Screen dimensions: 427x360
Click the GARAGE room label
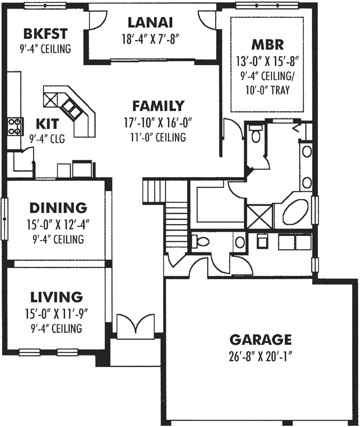pyautogui.click(x=260, y=339)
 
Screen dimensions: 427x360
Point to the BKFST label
pyautogui.click(x=45, y=34)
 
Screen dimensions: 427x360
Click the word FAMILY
pyautogui.click(x=158, y=105)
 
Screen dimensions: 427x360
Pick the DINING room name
pyautogui.click(x=58, y=207)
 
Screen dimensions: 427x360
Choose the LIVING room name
pyautogui.click(x=56, y=296)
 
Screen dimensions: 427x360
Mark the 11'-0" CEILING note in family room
pyautogui.click(x=158, y=137)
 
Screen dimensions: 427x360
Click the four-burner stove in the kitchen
pyautogui.click(x=15, y=126)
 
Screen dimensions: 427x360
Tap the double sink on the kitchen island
pyautogui.click(x=71, y=108)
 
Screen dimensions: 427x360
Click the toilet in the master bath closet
pyautogui.click(x=255, y=135)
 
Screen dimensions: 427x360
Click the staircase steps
pyautogui.click(x=175, y=219)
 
